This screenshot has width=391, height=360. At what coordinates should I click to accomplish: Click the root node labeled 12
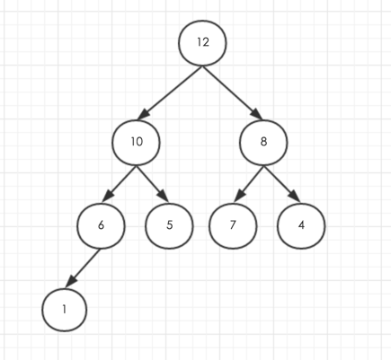202,43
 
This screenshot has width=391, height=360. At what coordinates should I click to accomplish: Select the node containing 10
137,143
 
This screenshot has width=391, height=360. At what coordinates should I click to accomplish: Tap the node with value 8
263,143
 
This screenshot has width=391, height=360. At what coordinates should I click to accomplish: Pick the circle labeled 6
102,226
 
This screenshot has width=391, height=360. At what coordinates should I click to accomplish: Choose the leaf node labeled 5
169,226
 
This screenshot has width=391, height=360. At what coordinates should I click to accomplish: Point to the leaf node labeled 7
233,226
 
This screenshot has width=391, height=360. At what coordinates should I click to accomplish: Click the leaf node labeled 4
301,226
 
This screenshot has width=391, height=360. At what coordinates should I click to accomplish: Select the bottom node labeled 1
65,310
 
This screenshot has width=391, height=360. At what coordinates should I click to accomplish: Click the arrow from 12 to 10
170,92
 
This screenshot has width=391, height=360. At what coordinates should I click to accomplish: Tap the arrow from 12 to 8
233,92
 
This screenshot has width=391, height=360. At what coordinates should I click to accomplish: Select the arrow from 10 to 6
120,184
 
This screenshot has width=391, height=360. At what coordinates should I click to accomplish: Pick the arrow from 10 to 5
153,184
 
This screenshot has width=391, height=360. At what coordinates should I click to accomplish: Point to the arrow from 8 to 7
249,184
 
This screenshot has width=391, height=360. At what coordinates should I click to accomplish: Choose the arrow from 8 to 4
282,184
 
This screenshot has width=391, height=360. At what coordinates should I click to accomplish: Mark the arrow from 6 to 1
83,268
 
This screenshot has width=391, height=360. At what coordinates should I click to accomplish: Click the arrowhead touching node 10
144,114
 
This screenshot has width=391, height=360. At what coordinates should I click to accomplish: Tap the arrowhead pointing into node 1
71,281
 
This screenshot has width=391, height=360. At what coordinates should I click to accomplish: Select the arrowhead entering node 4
294,196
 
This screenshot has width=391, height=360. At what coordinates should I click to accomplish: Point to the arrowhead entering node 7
240,195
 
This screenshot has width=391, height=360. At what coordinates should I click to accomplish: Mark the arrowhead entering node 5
163,196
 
